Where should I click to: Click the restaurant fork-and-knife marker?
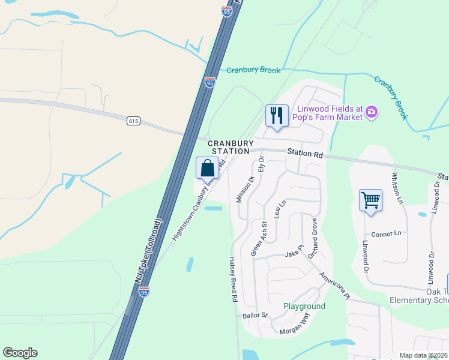click(x=277, y=115)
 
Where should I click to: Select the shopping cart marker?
click(x=370, y=200)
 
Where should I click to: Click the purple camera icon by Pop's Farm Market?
click(x=372, y=112)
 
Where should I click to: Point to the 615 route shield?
click(x=134, y=121)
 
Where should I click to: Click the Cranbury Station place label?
click(x=229, y=147)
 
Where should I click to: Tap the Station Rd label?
click(x=304, y=154)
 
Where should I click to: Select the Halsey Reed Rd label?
click(x=234, y=280)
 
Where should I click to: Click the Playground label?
click(x=304, y=306)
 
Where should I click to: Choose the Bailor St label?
click(x=255, y=315)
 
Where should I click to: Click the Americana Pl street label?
click(x=334, y=284)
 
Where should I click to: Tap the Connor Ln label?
click(x=386, y=233)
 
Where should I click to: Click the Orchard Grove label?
click(x=313, y=238)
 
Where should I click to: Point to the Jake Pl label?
click(x=292, y=254)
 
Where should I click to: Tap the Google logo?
click(x=20, y=353)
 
